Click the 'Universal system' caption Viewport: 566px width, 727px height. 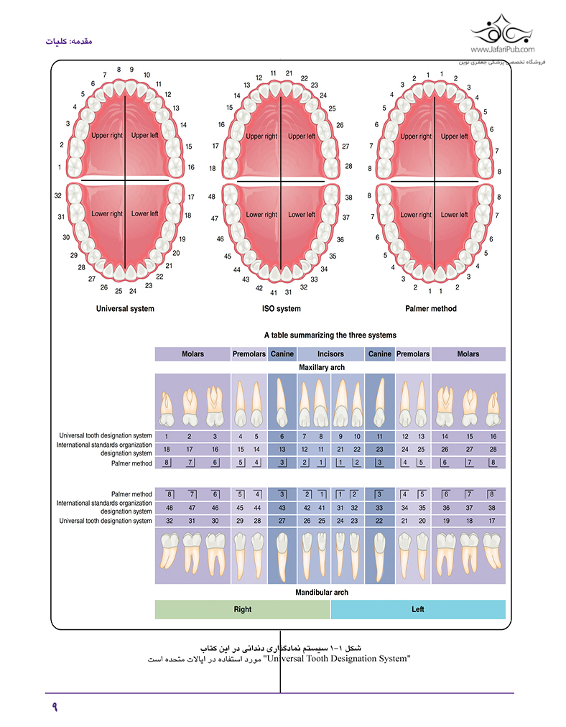pyautogui.click(x=125, y=309)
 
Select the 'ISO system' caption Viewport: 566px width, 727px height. pyautogui.click(x=281, y=309)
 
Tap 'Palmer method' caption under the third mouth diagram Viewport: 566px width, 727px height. pyautogui.click(x=431, y=309)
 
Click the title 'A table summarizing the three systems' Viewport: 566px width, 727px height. pyautogui.click(x=330, y=335)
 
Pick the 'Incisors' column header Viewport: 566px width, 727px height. pyautogui.click(x=330, y=353)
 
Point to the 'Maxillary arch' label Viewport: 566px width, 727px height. pyautogui.click(x=322, y=367)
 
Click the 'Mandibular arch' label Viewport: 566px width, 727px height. pyautogui.click(x=322, y=592)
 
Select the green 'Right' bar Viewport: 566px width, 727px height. pyautogui.click(x=243, y=609)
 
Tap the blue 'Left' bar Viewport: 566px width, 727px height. pyautogui.click(x=417, y=609)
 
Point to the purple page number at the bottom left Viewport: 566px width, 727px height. pyautogui.click(x=55, y=707)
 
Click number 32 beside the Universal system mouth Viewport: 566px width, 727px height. pyautogui.click(x=58, y=195)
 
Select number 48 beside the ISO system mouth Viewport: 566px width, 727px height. pyautogui.click(x=212, y=197)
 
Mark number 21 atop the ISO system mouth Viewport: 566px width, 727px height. pyautogui.click(x=289, y=73)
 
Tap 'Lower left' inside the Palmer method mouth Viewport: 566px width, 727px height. pyautogui.click(x=454, y=215)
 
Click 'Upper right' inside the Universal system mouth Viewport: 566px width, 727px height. pyautogui.click(x=107, y=135)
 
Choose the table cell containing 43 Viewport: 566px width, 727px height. pyautogui.click(x=282, y=508)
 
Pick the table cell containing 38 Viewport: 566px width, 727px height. pyautogui.click(x=492, y=508)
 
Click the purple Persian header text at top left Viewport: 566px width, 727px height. pyautogui.click(x=69, y=41)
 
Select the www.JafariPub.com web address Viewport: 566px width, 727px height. pyautogui.click(x=503, y=50)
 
